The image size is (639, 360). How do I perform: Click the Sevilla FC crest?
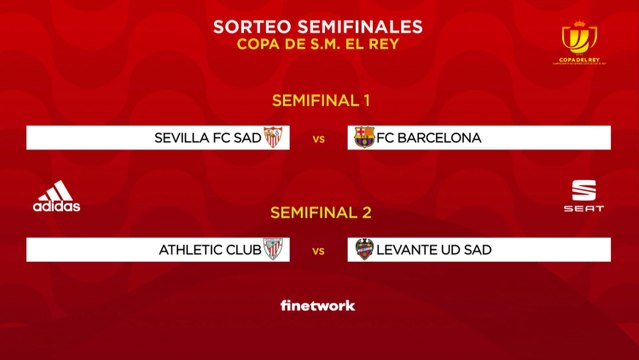[273, 138]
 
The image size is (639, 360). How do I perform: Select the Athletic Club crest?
[273, 250]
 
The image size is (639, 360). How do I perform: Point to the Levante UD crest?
[365, 250]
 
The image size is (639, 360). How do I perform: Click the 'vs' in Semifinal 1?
[319, 139]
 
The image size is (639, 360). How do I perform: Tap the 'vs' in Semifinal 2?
[319, 251]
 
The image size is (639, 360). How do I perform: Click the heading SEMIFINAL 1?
[319, 100]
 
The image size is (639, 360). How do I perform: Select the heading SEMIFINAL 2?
[319, 213]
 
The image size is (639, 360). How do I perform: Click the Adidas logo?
[56, 196]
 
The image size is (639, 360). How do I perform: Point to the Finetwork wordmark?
[318, 305]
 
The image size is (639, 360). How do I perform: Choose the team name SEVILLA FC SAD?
[207, 138]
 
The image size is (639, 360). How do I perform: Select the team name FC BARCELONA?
[429, 138]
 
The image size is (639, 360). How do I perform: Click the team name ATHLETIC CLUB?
[209, 250]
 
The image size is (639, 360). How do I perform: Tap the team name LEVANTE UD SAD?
[433, 250]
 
